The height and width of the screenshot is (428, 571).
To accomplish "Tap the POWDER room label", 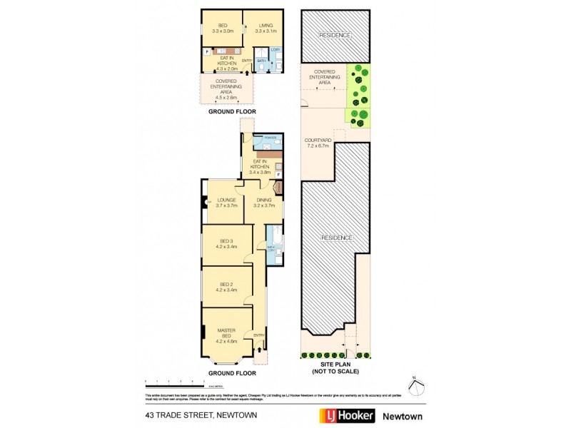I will [270, 138].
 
